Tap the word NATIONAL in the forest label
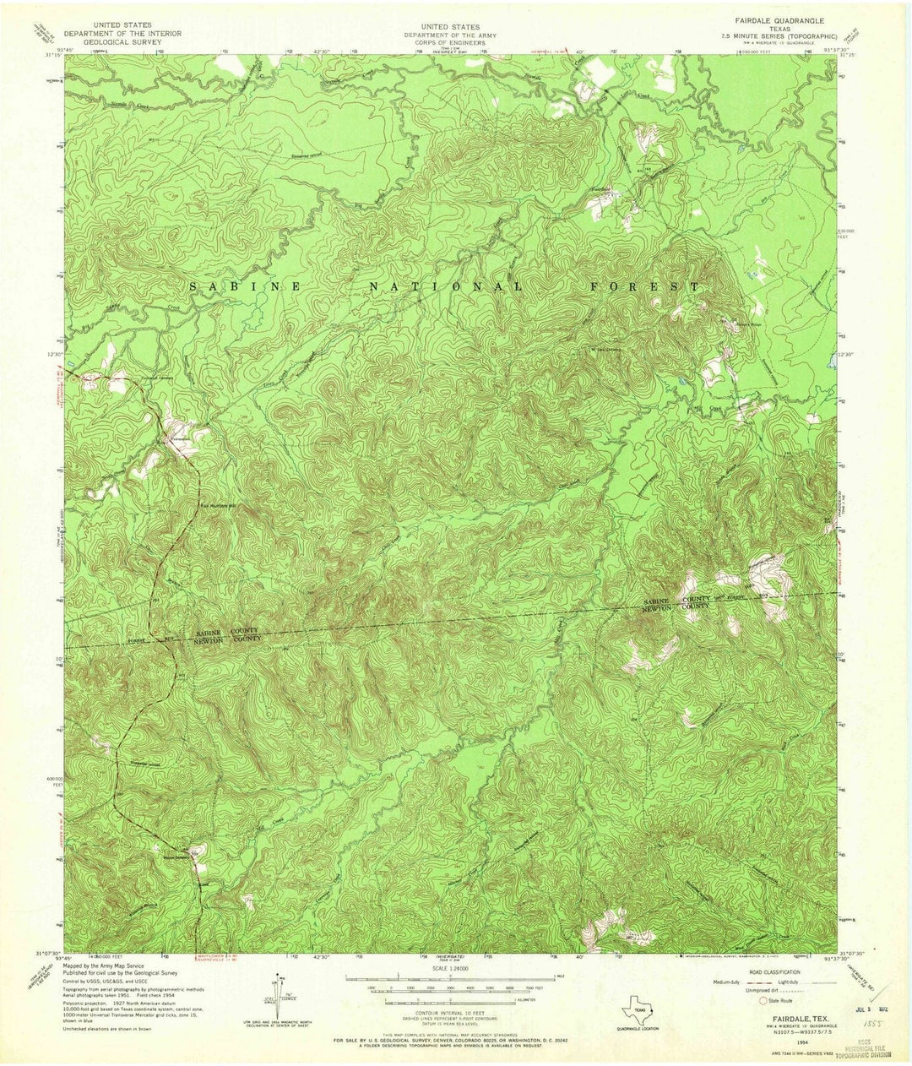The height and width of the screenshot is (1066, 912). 447,287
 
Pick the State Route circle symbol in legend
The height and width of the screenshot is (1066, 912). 764,999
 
